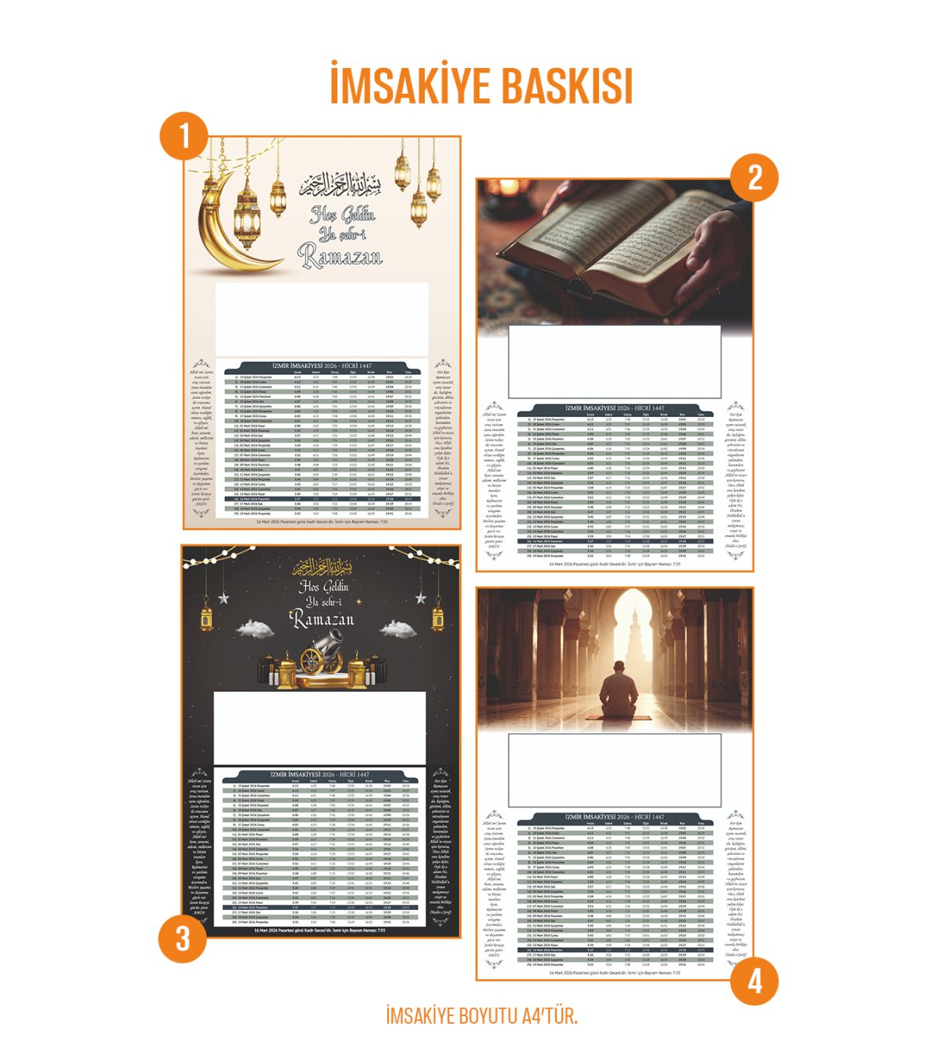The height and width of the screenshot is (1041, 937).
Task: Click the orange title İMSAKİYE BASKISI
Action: [x=480, y=85]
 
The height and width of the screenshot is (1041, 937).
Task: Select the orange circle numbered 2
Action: [x=754, y=177]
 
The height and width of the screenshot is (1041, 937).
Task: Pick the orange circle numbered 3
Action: [x=182, y=937]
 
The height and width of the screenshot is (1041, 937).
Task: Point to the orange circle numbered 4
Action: [x=754, y=980]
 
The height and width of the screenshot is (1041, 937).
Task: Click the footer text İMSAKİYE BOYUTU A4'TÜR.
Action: [x=481, y=1016]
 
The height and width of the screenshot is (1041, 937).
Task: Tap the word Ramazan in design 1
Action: [x=340, y=255]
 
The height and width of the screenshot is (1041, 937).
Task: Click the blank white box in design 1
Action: [x=321, y=319]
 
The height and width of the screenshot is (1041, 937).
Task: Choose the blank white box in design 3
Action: [x=319, y=728]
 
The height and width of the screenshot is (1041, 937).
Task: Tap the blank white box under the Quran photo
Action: [x=614, y=362]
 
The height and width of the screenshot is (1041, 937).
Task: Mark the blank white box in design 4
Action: [x=614, y=771]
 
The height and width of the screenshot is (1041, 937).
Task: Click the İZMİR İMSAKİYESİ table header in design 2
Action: [x=615, y=408]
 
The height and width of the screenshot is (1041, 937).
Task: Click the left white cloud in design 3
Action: [x=255, y=628]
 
